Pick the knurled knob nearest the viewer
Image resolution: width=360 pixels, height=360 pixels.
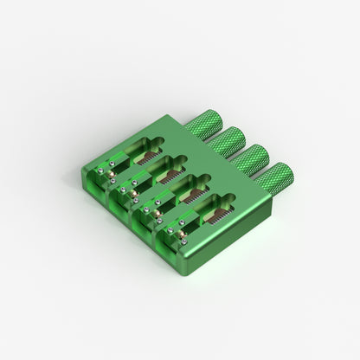pos(276,178)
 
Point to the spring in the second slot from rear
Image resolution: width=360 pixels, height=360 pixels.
pos(170,176)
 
